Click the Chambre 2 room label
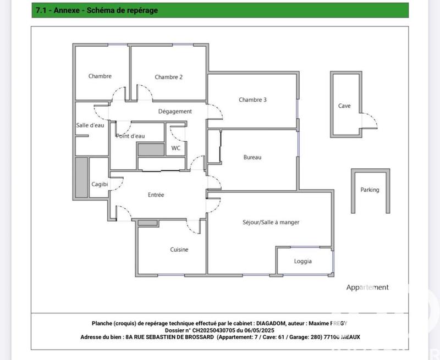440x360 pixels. [168, 77]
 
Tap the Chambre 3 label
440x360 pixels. [252, 99]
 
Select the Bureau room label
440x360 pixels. [252, 157]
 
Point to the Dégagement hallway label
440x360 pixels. [175, 111]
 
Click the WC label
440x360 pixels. [176, 148]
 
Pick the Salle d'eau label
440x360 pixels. [90, 125]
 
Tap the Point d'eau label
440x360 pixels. [130, 136]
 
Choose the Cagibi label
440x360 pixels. [100, 184]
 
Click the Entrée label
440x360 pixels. [156, 195]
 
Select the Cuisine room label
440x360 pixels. [179, 250]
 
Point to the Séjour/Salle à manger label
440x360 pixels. [271, 222]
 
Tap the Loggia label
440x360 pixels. [302, 261]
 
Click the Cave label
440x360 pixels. [344, 106]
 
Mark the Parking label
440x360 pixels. [370, 190]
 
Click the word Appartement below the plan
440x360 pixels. [367, 287]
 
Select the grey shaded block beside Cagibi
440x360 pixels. [81, 178]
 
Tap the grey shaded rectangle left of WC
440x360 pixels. [151, 149]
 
